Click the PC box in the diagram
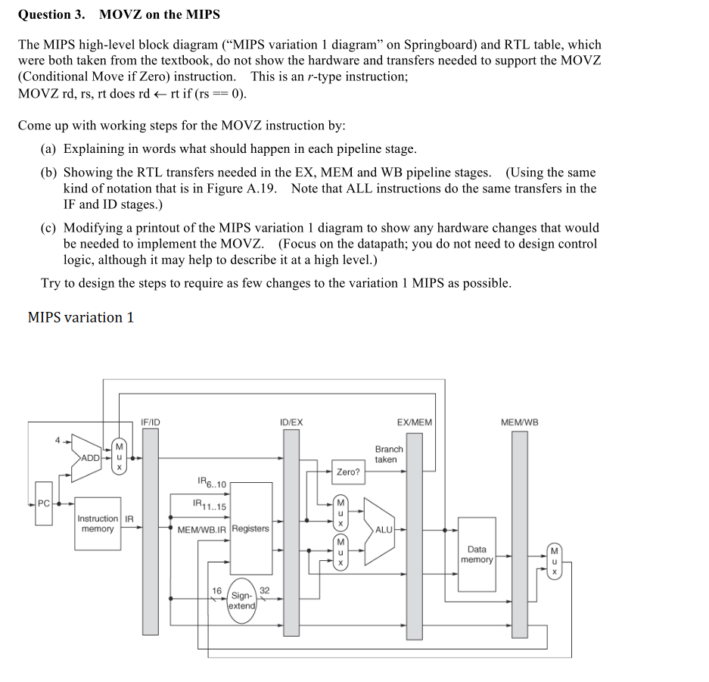44,502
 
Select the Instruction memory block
98,524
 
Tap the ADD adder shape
89,458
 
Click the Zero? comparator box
348,472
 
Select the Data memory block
477,554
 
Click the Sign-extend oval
242,600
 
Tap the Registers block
250,528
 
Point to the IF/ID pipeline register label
151,422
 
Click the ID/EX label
291,422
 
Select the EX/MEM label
415,422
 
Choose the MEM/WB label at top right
520,422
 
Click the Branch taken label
389,454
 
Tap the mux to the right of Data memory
554,561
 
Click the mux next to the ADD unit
119,456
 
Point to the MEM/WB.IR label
202,529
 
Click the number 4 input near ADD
57,438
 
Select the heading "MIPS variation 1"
80,317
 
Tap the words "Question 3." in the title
51,14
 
